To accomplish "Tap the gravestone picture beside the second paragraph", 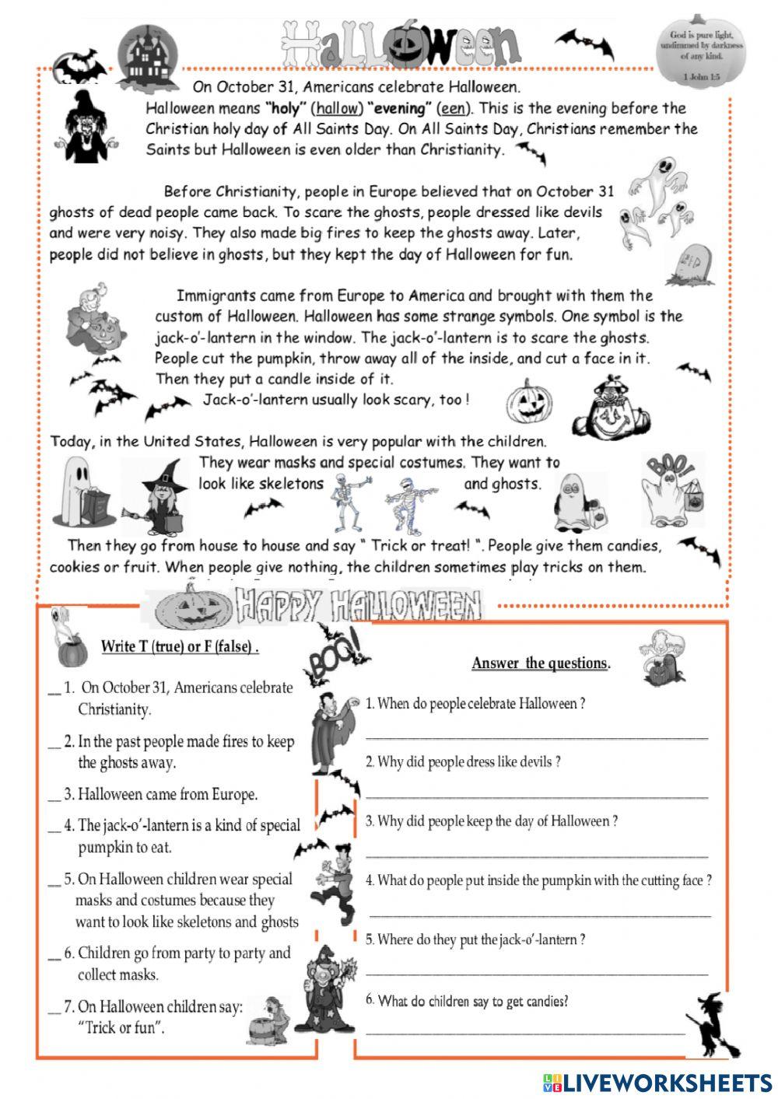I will (689, 264).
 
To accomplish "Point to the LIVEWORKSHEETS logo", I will (657, 1082).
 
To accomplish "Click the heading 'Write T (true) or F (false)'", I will (180, 647).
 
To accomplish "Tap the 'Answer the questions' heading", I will (541, 663).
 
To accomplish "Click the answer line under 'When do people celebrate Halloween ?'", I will (537, 735).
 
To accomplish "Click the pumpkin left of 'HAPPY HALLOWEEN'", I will (193, 608).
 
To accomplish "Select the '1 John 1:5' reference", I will (701, 77).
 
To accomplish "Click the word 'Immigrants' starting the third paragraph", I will (216, 296).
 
